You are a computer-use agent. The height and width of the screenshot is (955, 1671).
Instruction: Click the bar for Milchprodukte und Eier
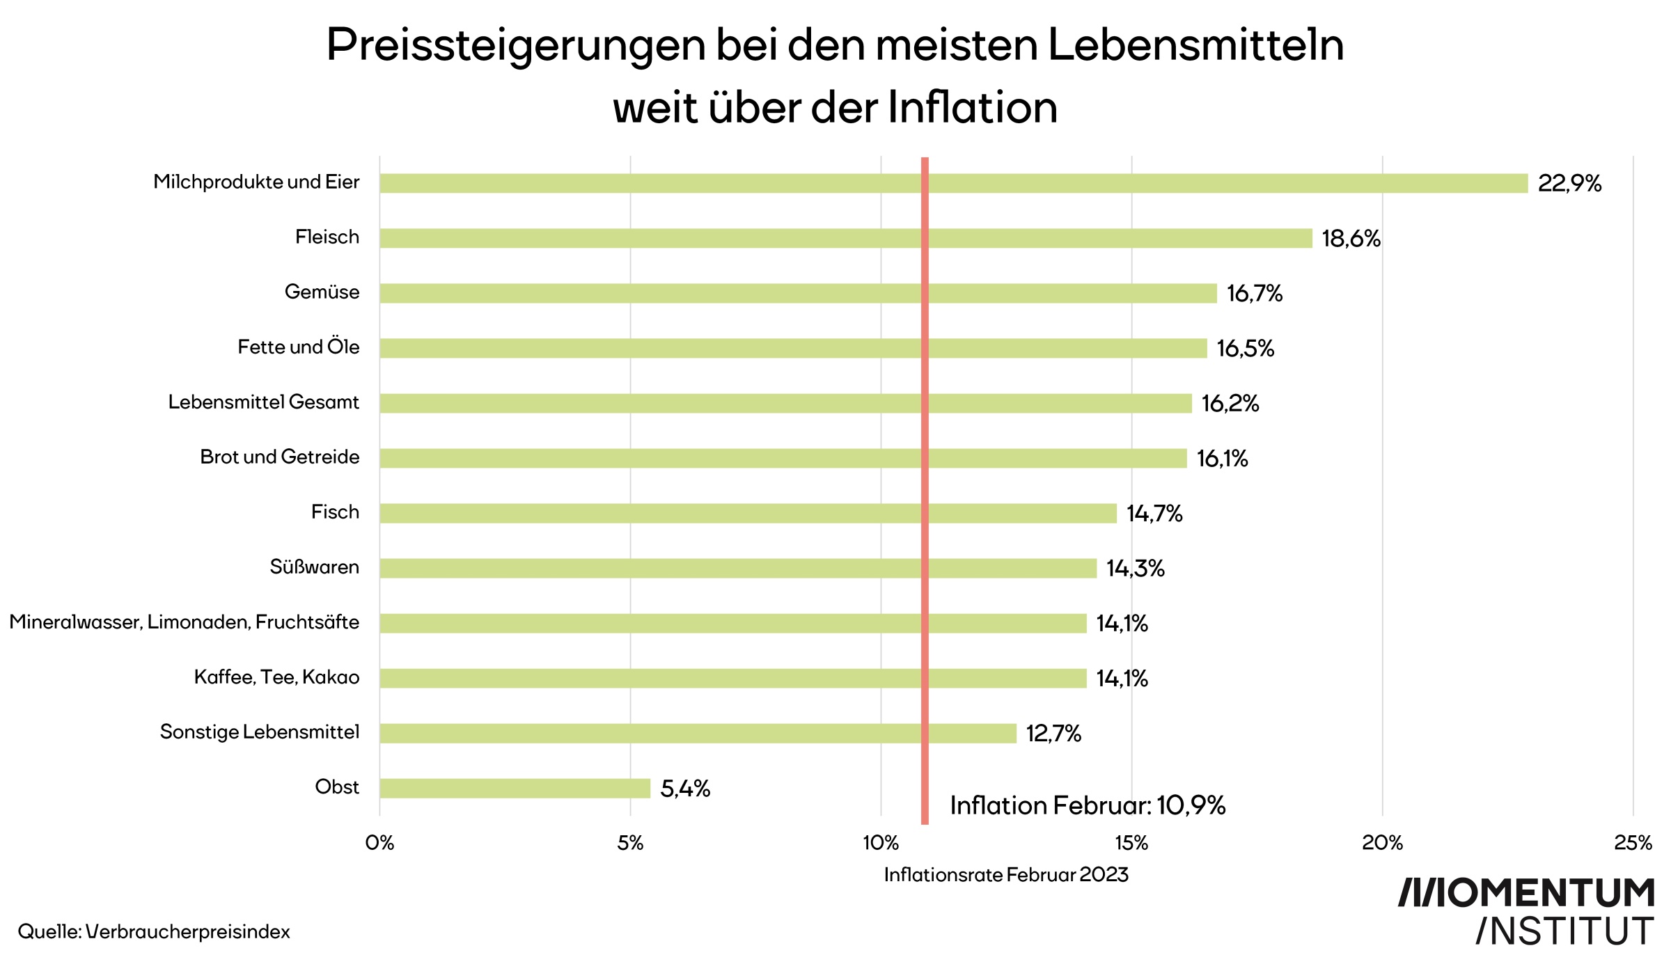point(954,183)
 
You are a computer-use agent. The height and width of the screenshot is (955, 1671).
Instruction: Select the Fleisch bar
point(846,238)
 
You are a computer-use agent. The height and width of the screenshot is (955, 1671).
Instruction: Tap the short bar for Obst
point(515,788)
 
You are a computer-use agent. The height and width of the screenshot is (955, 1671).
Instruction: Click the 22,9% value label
point(1569,184)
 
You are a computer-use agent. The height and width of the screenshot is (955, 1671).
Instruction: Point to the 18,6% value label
point(1351,239)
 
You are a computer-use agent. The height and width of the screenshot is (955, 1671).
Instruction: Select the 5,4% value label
point(685,789)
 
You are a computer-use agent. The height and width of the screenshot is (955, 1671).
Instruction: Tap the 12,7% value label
point(1053,734)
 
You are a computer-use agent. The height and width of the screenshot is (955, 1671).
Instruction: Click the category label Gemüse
point(322,292)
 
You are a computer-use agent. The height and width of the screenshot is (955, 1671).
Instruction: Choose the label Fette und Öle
point(299,347)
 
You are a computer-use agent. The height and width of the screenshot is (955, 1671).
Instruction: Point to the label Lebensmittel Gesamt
point(264,402)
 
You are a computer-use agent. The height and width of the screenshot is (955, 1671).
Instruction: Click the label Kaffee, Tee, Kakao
point(276,677)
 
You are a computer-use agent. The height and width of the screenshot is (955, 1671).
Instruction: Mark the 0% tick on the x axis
point(379,843)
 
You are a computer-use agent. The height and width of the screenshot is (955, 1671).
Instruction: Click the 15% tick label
point(1131,843)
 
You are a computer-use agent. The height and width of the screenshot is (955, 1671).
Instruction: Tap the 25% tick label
point(1633,843)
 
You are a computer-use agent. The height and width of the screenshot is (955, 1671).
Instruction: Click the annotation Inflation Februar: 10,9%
point(1088,805)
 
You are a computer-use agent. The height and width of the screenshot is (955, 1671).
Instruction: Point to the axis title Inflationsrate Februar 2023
point(1006,875)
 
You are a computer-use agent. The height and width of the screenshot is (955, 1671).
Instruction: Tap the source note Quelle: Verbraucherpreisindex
point(154,931)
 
